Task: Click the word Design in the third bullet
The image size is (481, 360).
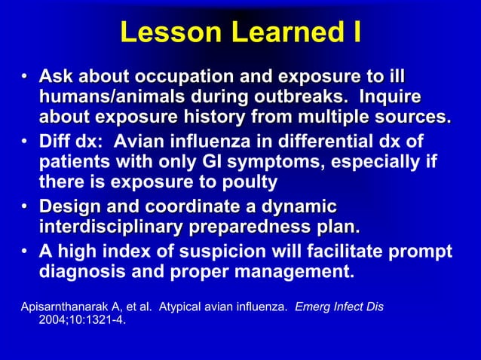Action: [x=69, y=206]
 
